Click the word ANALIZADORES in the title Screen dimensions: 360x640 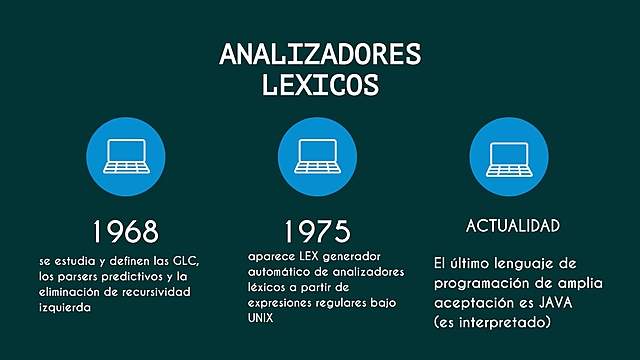click(320, 54)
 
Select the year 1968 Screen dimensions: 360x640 click(125, 231)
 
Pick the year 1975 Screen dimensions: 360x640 click(317, 231)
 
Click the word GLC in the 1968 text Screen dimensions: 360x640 click(187, 259)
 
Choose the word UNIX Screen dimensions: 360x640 click(261, 318)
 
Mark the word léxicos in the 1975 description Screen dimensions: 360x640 click(265, 287)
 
